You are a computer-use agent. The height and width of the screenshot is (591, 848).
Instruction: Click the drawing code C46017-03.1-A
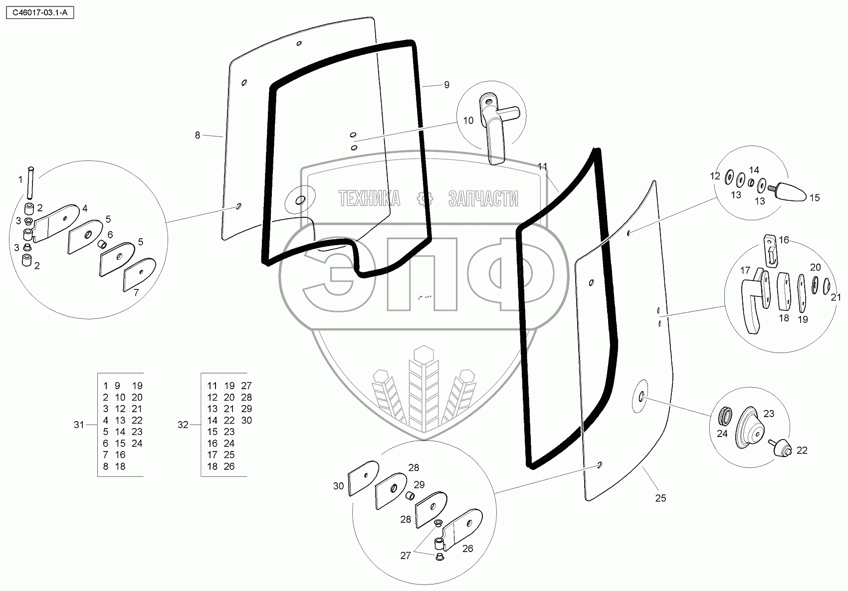pyautogui.click(x=38, y=13)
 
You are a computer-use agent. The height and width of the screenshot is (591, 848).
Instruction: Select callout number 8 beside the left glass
pyautogui.click(x=198, y=135)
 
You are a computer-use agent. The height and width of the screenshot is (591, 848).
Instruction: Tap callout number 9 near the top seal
pyautogui.click(x=446, y=85)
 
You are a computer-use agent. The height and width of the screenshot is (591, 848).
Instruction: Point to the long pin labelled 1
pyautogui.click(x=32, y=183)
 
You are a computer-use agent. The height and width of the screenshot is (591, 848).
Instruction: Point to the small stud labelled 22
pyautogui.click(x=781, y=447)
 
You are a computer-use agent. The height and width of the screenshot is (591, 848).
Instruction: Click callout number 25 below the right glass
pyautogui.click(x=660, y=498)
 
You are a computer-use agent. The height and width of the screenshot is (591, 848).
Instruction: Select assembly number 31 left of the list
pyautogui.click(x=79, y=425)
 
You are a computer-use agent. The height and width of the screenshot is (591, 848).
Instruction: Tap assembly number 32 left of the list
pyautogui.click(x=183, y=425)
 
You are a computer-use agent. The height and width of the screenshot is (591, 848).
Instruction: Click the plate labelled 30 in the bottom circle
pyautogui.click(x=363, y=477)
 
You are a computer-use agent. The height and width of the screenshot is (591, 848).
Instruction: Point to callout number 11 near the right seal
pyautogui.click(x=543, y=166)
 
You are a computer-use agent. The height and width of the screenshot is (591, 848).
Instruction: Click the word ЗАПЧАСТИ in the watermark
pyautogui.click(x=483, y=199)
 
